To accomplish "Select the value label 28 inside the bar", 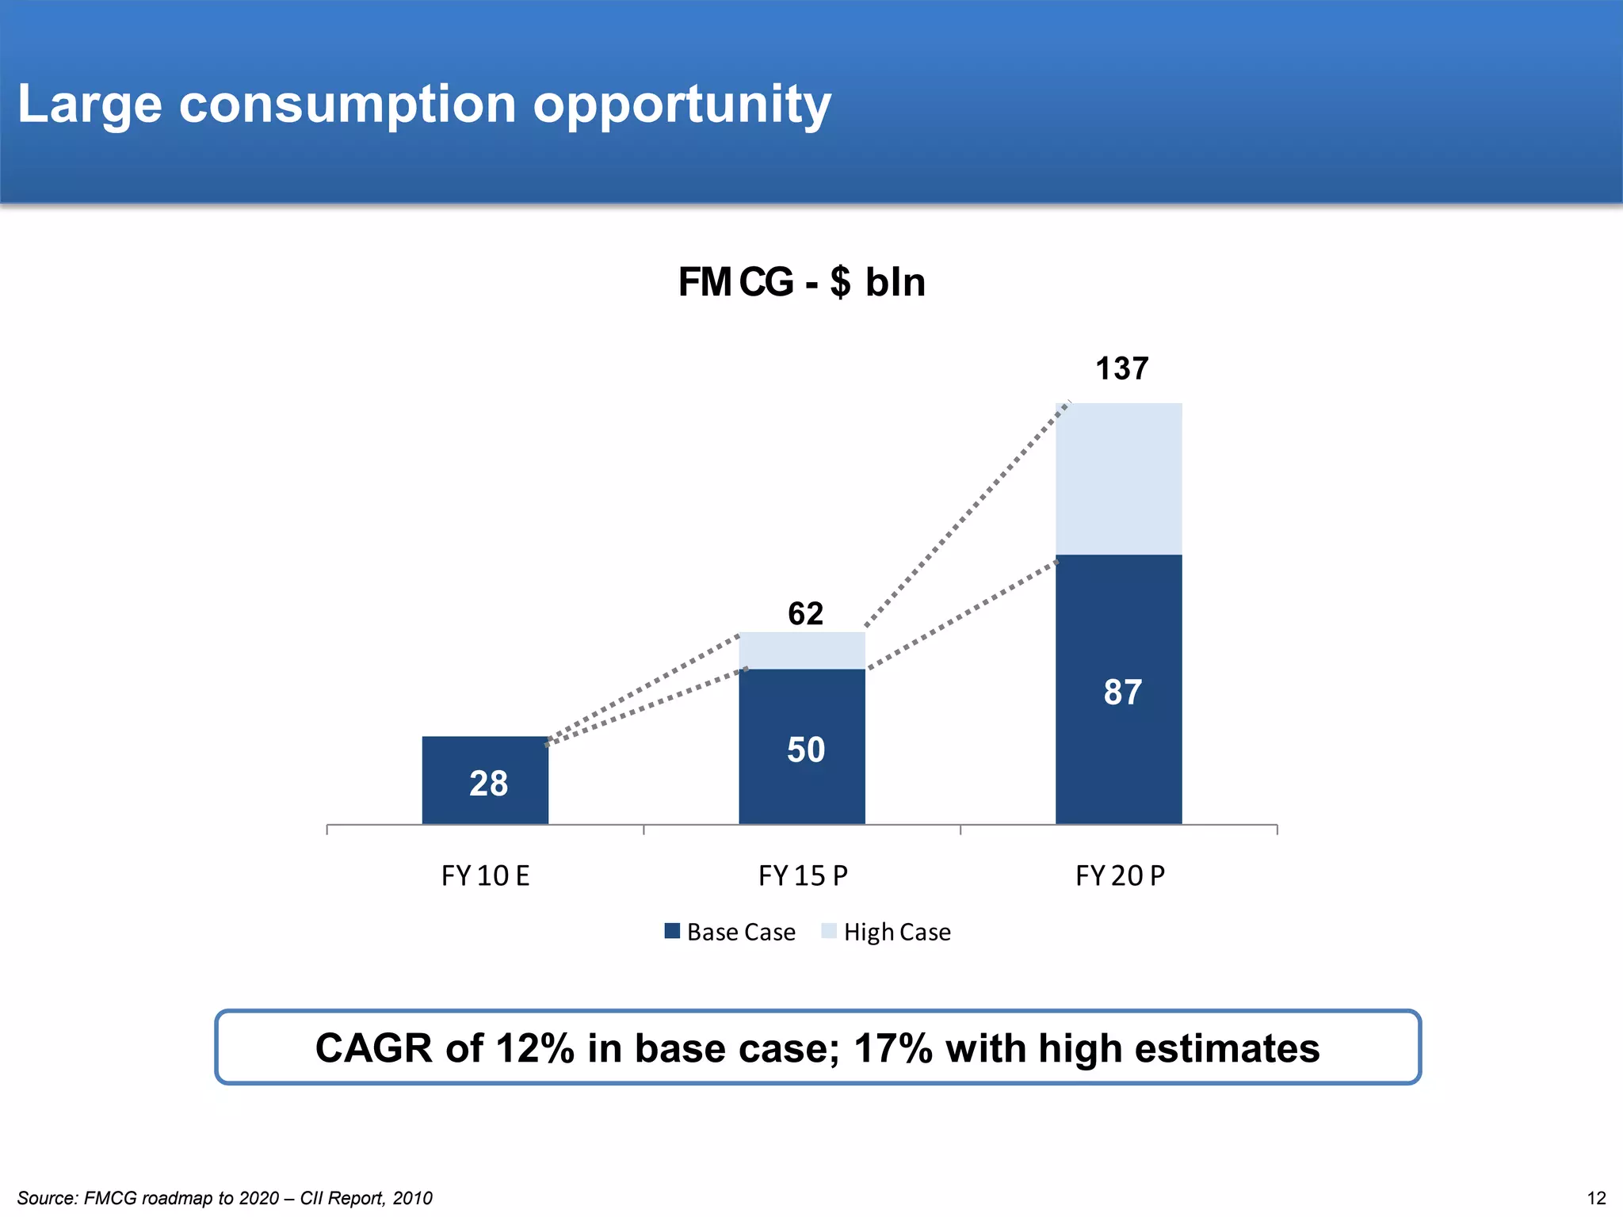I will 488,784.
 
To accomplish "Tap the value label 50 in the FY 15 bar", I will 805,750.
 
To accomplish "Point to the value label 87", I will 1122,692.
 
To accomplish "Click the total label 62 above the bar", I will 805,613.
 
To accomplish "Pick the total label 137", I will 1121,368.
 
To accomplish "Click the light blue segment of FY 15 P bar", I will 801,650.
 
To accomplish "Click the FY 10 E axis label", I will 485,876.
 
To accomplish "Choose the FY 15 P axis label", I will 803,876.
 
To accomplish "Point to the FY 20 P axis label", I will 1120,876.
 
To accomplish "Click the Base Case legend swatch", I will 672,931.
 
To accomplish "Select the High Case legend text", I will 897,932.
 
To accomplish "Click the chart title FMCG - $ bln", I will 801,282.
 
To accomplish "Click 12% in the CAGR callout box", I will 534,1048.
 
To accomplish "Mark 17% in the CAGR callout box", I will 894,1048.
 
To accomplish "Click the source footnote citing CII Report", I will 225,1198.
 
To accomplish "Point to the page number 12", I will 1596,1198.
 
